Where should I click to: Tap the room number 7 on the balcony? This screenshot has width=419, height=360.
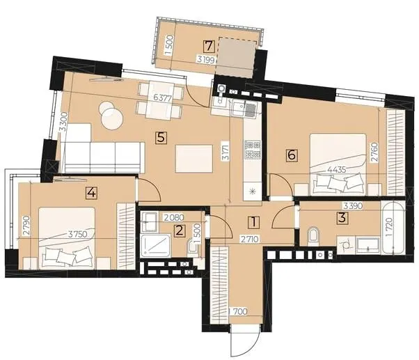pyautogui.click(x=209, y=47)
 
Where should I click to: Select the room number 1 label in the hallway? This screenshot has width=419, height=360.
pyautogui.click(x=254, y=222)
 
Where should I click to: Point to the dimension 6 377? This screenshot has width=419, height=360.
pyautogui.click(x=163, y=97)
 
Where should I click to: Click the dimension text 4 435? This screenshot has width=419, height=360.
pyautogui.click(x=337, y=170)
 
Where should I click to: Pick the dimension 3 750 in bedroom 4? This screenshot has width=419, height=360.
pyautogui.click(x=77, y=235)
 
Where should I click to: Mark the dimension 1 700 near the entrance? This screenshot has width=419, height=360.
pyautogui.click(x=239, y=311)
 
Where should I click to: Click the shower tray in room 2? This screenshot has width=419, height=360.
pyautogui.click(x=155, y=246)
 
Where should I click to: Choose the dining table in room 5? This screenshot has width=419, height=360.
pyautogui.click(x=160, y=101)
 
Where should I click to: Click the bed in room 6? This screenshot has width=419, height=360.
pyautogui.click(x=338, y=164)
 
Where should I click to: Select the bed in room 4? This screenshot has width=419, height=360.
pyautogui.click(x=67, y=238)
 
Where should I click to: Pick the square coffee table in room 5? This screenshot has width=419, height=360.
pyautogui.click(x=194, y=159)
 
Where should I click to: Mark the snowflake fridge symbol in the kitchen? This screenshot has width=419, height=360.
pyautogui.click(x=252, y=191)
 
